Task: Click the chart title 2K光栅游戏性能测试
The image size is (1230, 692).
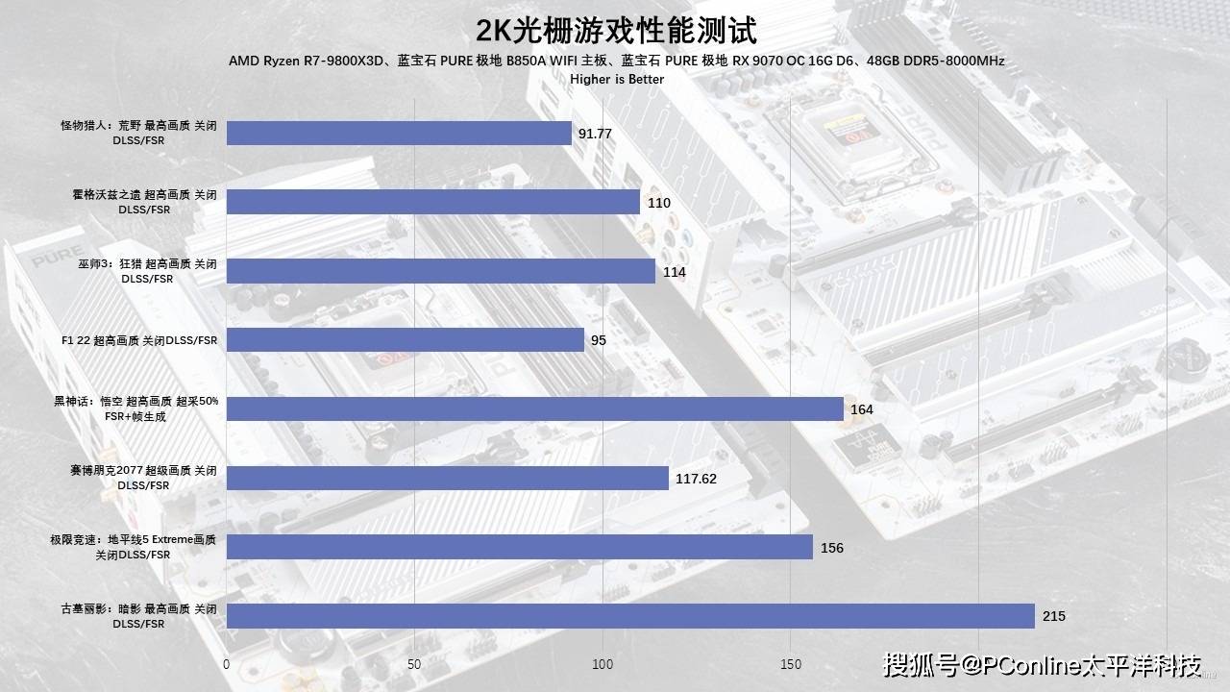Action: point(616,31)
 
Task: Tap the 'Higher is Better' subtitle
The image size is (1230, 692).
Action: point(616,79)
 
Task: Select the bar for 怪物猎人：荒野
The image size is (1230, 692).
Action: point(399,133)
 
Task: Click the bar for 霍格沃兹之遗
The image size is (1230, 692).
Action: point(432,202)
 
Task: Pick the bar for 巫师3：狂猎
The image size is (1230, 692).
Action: point(440,271)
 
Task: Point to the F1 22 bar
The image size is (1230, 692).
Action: point(405,340)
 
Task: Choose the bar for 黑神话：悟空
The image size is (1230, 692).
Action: point(534,408)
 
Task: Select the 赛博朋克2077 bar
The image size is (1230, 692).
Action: point(447,478)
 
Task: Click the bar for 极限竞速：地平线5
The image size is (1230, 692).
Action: point(519,547)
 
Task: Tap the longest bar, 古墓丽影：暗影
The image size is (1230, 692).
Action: point(630,616)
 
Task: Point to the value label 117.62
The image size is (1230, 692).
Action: point(697,479)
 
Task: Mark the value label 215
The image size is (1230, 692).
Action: point(1054,616)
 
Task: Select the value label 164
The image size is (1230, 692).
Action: point(862,409)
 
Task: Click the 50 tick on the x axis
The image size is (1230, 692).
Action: point(414,664)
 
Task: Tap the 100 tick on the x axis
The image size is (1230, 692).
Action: point(603,664)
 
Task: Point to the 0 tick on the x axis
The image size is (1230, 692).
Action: point(227,664)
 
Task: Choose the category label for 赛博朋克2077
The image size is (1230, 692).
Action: point(143,478)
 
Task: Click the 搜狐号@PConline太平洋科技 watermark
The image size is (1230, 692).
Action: point(1042,664)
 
